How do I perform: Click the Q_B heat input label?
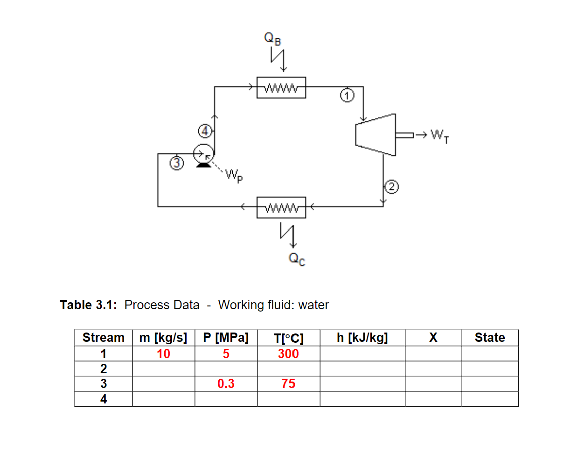(272, 38)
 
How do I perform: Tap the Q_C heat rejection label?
(297, 259)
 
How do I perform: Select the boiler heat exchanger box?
(281, 88)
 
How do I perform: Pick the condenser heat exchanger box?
(281, 208)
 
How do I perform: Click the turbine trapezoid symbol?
(376, 135)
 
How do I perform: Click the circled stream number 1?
(347, 96)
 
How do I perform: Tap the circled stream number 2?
(391, 187)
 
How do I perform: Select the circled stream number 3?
(176, 163)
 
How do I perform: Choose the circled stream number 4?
(205, 131)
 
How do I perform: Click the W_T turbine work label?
(439, 136)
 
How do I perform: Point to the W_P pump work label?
(234, 176)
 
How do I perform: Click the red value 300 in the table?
(288, 354)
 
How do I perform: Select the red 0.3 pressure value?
(226, 384)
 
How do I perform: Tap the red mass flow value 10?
(163, 354)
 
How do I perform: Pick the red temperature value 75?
(288, 384)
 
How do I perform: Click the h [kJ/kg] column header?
(362, 338)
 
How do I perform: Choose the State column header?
(490, 338)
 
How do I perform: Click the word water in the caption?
(313, 305)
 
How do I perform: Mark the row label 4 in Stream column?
(104, 399)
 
